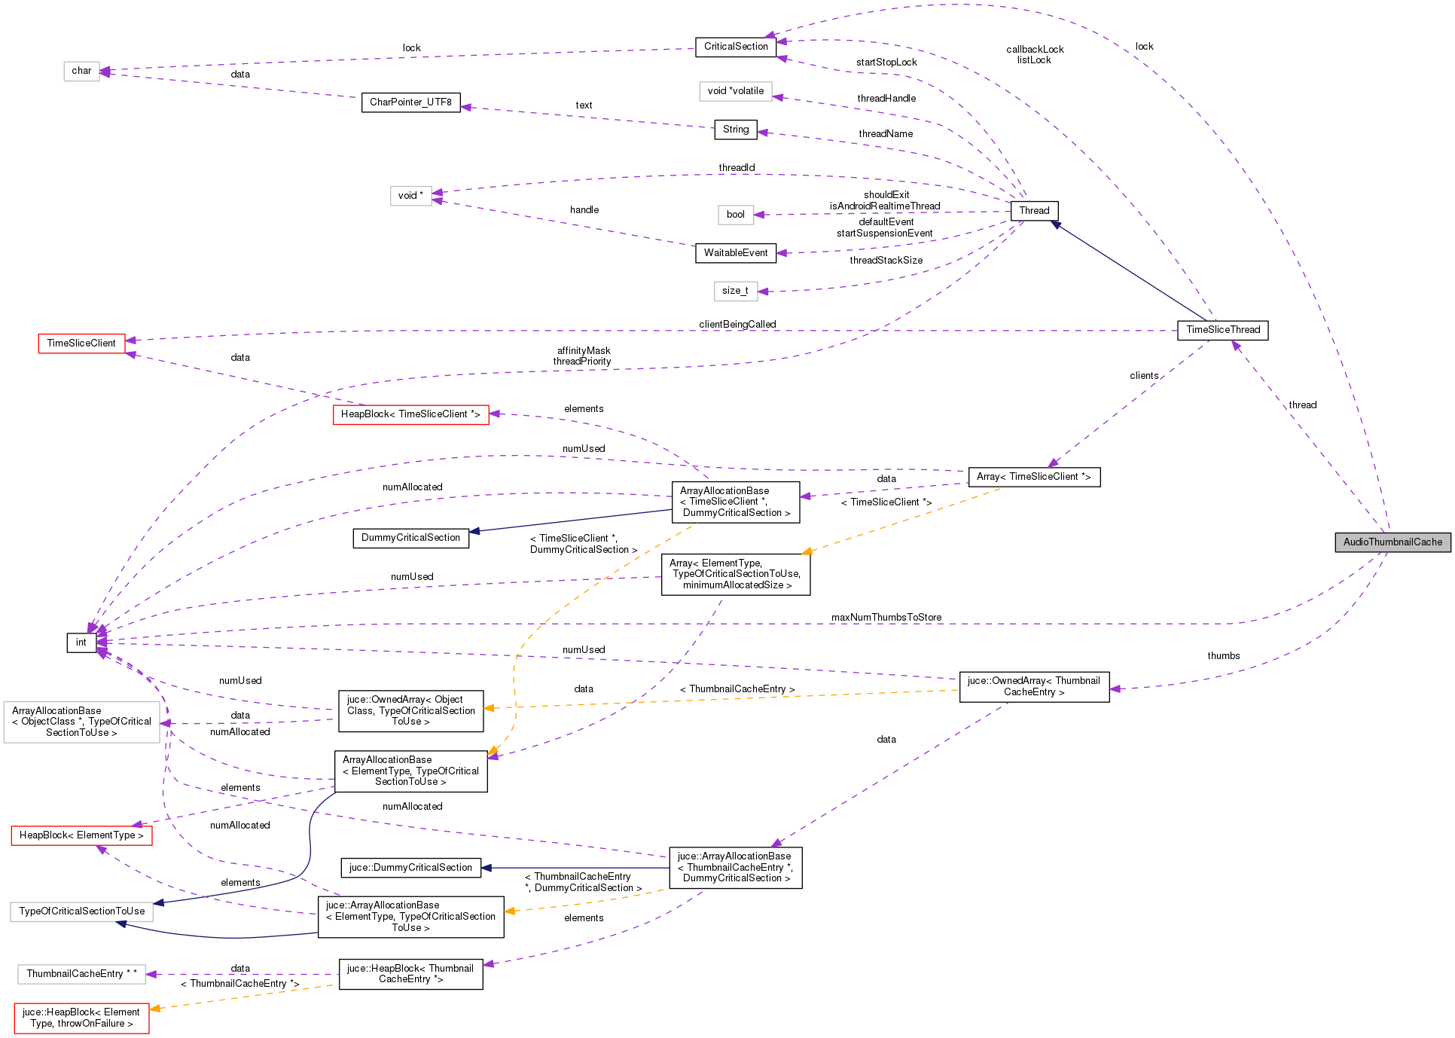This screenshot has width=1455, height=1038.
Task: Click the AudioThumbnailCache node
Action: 1392,542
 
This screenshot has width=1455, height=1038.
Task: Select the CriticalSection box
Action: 735,47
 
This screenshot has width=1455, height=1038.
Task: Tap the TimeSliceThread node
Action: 1222,330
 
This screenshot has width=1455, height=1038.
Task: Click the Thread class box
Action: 1034,211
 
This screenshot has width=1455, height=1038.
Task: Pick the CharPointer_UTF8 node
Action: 410,102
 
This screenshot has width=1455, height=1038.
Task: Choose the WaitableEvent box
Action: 735,253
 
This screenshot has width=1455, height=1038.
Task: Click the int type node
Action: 81,643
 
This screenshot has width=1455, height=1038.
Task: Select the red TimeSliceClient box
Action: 81,343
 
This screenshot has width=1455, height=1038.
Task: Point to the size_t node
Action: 735,291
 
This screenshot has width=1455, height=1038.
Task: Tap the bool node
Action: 735,215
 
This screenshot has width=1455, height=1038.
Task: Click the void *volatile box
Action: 735,91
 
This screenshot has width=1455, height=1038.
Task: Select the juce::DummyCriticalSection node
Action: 410,868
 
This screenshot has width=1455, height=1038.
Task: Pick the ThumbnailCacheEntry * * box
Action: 81,974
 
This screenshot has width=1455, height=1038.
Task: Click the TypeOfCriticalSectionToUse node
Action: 81,911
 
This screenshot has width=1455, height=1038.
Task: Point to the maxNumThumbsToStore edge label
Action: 886,618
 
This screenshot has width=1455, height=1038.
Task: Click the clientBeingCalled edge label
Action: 737,325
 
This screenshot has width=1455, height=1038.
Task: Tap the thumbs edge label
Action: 1223,656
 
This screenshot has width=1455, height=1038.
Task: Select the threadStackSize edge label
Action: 886,261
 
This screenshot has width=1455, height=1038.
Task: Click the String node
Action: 735,130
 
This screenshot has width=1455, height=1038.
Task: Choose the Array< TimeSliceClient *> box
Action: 1033,477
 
